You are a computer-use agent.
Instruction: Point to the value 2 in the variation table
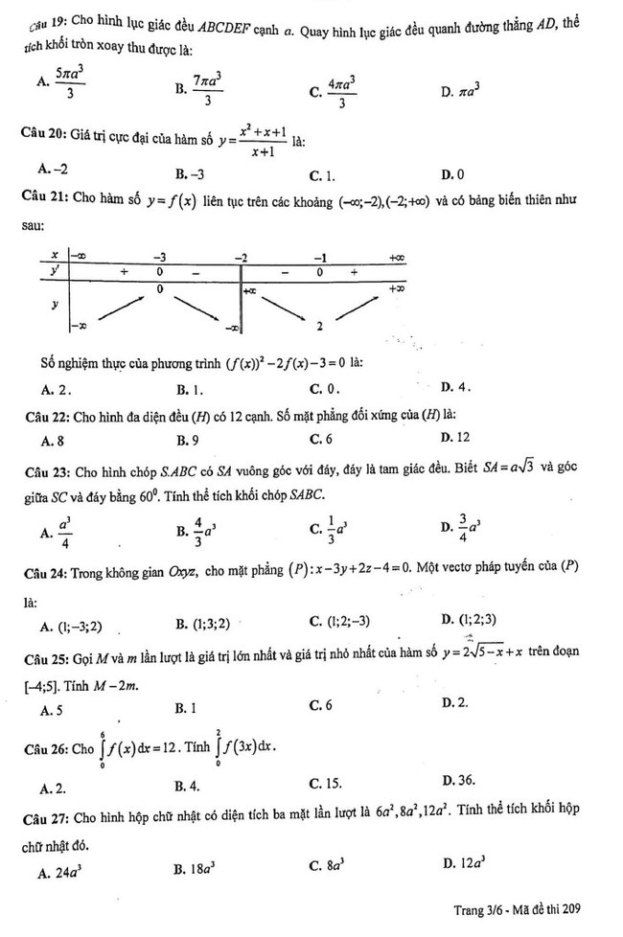point(321,327)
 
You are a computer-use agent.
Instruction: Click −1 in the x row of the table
point(321,257)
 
